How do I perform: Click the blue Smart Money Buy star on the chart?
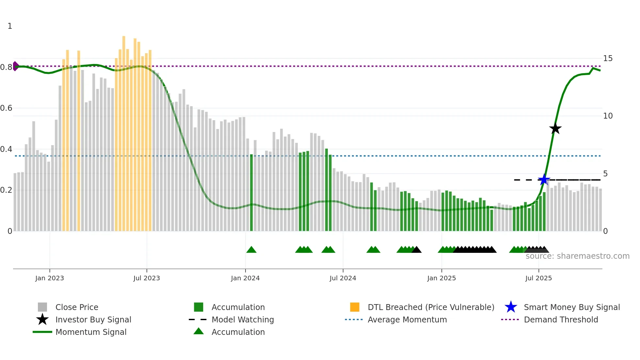coord(544,180)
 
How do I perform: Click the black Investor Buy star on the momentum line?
coord(555,128)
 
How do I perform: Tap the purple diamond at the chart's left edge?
coord(15,66)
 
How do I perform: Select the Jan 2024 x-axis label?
coord(245,278)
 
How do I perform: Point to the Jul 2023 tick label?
coord(147,278)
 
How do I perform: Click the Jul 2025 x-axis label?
coord(538,278)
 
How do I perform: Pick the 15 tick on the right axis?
coord(608,58)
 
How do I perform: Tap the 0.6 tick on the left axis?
coord(6,108)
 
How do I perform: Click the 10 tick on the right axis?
coord(608,116)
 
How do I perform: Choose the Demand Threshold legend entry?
coord(561,319)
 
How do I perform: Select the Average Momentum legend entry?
coord(407,319)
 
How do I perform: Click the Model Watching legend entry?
coord(242,319)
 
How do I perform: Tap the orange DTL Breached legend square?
coord(355,307)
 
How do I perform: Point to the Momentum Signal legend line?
coord(42,332)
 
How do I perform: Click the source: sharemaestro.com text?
coord(577,256)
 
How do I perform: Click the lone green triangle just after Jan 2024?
coord(251,250)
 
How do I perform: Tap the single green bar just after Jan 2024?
coord(251,193)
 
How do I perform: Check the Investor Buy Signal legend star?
coord(42,319)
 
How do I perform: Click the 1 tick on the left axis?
coord(10,26)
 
